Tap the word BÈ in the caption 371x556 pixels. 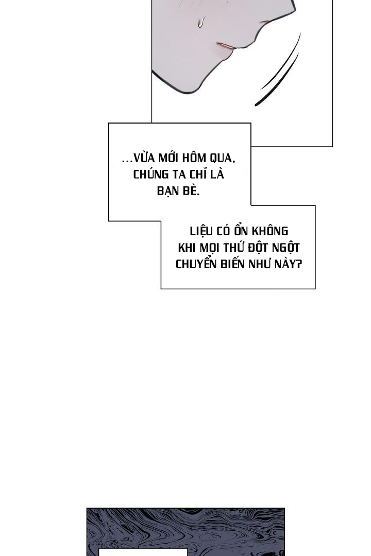point(191,191)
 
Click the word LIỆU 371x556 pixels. point(201,231)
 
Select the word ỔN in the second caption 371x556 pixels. point(242,231)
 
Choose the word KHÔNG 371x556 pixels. point(271,231)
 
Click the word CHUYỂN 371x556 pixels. point(196,264)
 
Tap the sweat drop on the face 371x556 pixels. point(201,23)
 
